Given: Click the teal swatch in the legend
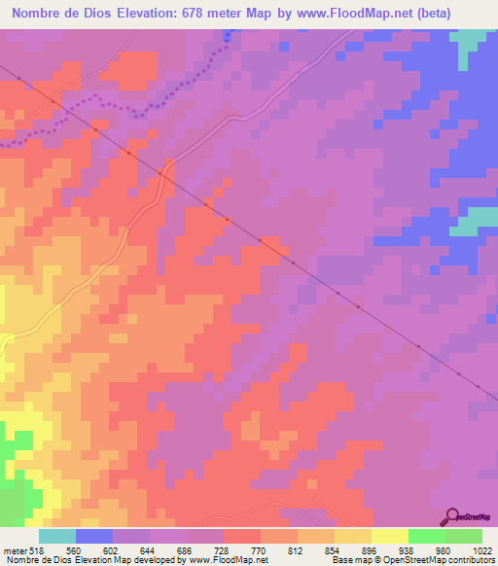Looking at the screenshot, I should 57,536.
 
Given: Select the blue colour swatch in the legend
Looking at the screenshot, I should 94,536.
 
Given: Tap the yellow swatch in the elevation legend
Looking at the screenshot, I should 390,536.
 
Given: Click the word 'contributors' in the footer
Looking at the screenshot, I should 470,560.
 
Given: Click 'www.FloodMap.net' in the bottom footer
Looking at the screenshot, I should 229,560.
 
